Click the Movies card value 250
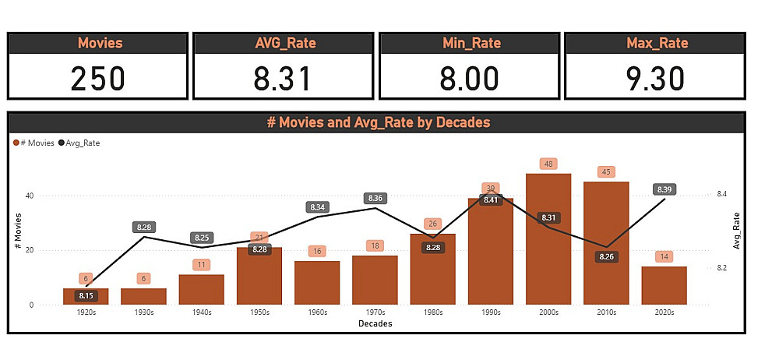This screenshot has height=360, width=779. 97,78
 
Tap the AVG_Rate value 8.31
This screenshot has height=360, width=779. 283,78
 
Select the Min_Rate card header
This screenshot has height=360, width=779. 469,43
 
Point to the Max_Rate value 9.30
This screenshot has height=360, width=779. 655,78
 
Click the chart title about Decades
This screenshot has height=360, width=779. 378,122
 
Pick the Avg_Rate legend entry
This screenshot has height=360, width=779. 80,143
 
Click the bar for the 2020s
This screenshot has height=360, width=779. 663,285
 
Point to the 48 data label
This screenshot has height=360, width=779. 548,164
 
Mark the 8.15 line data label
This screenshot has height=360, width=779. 86,295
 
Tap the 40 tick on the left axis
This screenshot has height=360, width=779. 30,196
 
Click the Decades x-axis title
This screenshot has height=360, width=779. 375,323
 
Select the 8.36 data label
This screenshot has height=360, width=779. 375,199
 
